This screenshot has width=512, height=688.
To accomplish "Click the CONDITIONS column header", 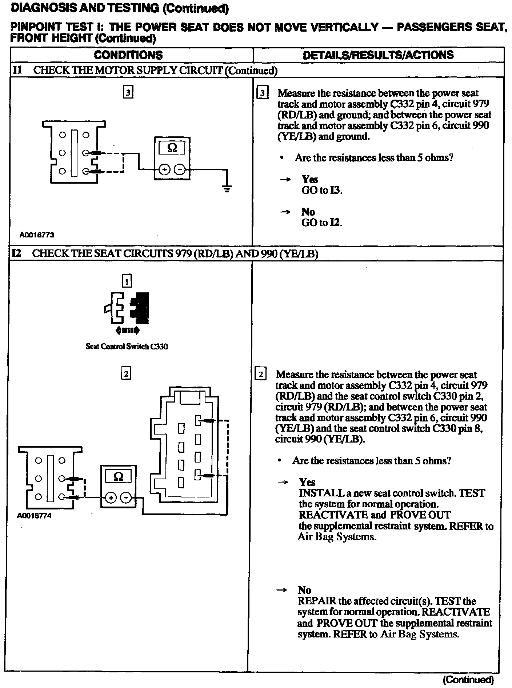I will click(x=128, y=55).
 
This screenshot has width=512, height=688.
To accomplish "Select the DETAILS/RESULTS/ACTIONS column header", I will click(x=378, y=55).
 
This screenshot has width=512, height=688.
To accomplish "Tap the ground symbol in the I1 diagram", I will click(x=227, y=189).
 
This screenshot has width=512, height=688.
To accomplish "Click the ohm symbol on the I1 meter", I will click(x=172, y=148).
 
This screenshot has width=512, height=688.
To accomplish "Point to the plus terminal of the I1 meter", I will click(x=164, y=169).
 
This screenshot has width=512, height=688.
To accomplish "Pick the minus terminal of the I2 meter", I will click(x=125, y=497).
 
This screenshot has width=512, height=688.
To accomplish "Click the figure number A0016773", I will click(x=37, y=235).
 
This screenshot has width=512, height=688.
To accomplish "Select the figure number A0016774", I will click(x=34, y=516).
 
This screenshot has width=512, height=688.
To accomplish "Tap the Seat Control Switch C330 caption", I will click(x=127, y=347).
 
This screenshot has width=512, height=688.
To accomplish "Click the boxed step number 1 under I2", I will click(x=127, y=281).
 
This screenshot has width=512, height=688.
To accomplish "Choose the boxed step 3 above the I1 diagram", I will click(x=128, y=92).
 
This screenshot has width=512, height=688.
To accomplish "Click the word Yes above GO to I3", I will click(x=310, y=179).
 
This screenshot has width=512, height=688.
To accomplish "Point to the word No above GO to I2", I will click(x=308, y=212).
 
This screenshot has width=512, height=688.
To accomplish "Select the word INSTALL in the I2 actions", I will click(x=315, y=493).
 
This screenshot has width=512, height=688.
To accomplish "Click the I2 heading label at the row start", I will click(x=16, y=253).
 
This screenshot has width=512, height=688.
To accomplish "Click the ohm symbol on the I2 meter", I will click(x=118, y=476).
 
